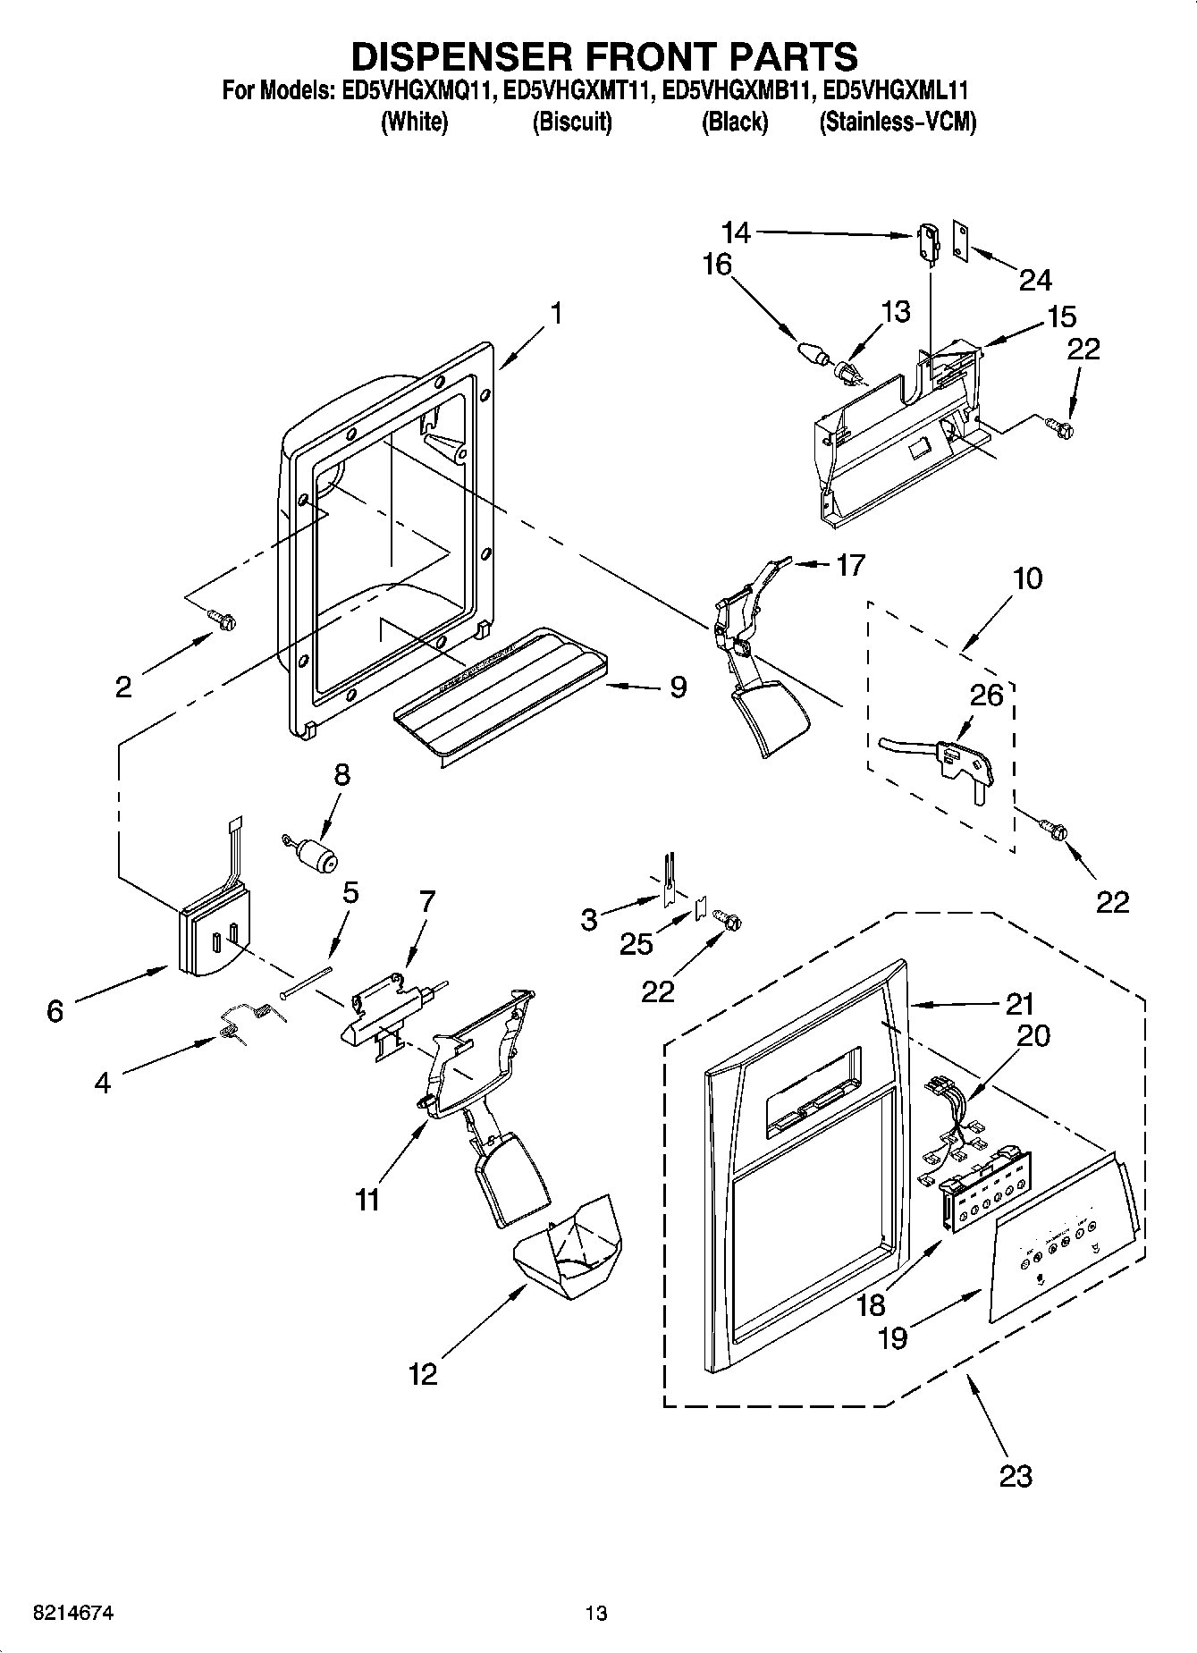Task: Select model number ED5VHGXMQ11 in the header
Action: (x=414, y=90)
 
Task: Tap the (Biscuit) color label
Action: (x=572, y=122)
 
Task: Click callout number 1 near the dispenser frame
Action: (x=556, y=314)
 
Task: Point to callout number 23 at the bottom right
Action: (x=1016, y=1475)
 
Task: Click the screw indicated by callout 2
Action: (x=221, y=619)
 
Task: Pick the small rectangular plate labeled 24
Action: (x=961, y=240)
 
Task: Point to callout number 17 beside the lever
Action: (x=850, y=565)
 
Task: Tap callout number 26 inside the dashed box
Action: (x=987, y=695)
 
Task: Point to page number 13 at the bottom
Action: (x=596, y=1612)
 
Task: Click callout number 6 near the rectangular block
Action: (x=55, y=1011)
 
